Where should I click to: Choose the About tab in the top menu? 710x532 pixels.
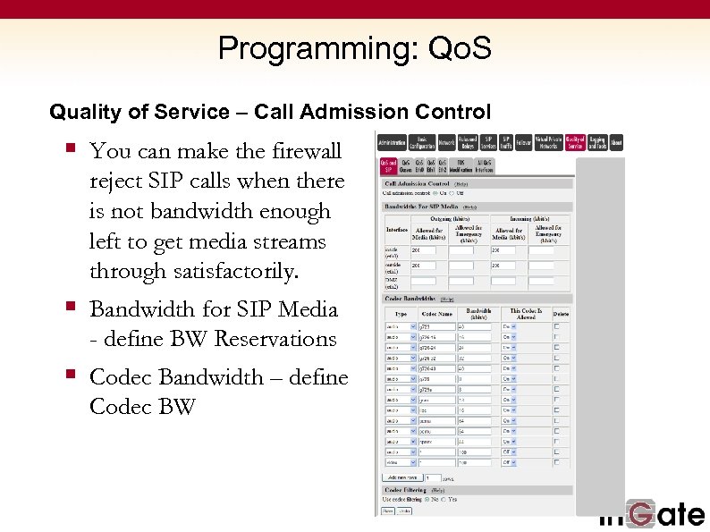pyautogui.click(x=615, y=142)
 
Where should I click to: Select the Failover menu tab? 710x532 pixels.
pyautogui.click(x=525, y=142)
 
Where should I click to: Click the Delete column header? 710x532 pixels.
pyautogui.click(x=560, y=314)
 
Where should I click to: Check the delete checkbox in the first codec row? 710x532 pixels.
pyautogui.click(x=557, y=326)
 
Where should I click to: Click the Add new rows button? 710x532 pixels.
pyautogui.click(x=403, y=477)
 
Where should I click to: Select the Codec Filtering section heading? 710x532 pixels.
pyautogui.click(x=406, y=490)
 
